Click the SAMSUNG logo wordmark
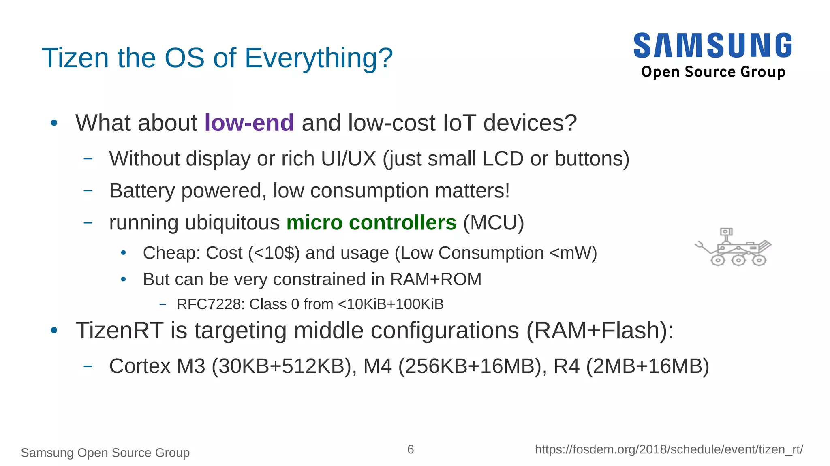tap(712, 45)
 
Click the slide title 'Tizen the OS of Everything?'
tap(217, 58)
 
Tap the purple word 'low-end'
tap(249, 123)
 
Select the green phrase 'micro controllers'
tap(371, 222)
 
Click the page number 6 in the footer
tap(411, 449)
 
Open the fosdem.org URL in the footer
tap(669, 449)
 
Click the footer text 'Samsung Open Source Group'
tap(105, 453)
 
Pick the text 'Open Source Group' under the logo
tap(713, 72)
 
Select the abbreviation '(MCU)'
tap(493, 222)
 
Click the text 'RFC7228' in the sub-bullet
tap(210, 304)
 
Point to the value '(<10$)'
tap(274, 253)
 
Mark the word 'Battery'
tap(142, 190)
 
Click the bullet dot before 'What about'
tap(54, 123)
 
